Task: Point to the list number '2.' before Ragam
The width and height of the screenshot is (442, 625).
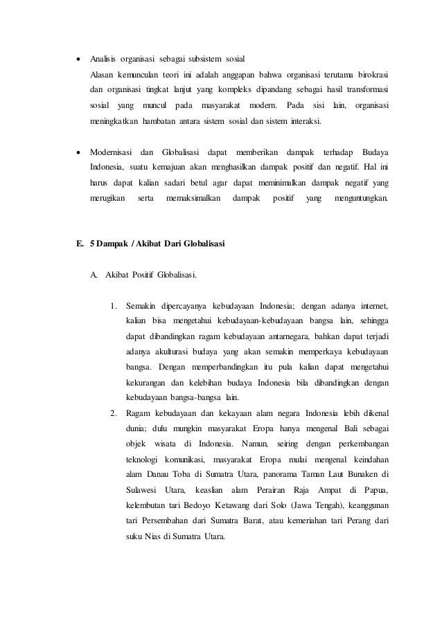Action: [x=114, y=415]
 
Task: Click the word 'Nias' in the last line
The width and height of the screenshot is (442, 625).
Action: [x=149, y=540]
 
